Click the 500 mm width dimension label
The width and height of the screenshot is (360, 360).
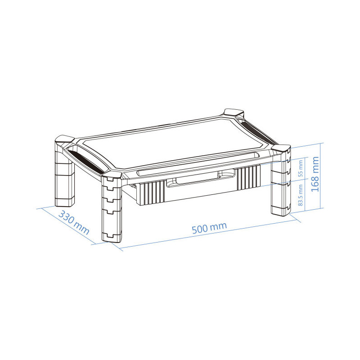pos(209,228)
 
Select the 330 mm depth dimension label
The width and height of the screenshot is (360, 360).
pos(74,222)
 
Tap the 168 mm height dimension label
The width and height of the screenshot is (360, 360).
pos(315,174)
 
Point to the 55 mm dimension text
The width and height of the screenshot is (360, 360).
pos(301,168)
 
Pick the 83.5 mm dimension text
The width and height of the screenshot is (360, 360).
pos(301,195)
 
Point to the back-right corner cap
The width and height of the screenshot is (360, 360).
pos(234,112)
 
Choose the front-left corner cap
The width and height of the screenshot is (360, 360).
pos(111,175)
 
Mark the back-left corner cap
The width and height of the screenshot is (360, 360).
pos(65,139)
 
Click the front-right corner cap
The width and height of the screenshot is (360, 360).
pos(281,148)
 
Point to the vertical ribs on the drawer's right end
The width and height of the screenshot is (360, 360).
pos(249,177)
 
